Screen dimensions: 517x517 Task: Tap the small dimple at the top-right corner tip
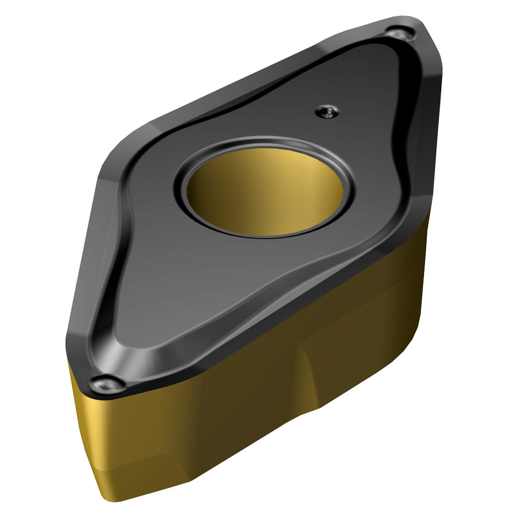click(400, 33)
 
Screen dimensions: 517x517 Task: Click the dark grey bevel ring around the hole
click(262, 145)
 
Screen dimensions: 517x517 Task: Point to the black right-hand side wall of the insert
click(429, 138)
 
